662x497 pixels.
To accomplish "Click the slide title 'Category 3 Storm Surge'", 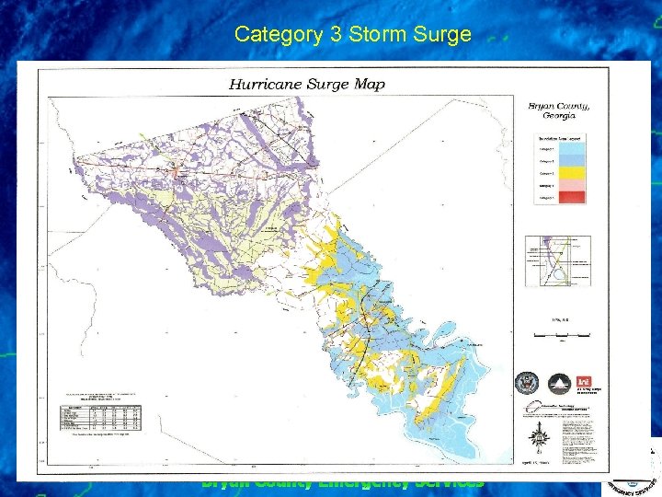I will pos(352,35).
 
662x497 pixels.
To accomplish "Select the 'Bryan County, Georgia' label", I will pos(558,110).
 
